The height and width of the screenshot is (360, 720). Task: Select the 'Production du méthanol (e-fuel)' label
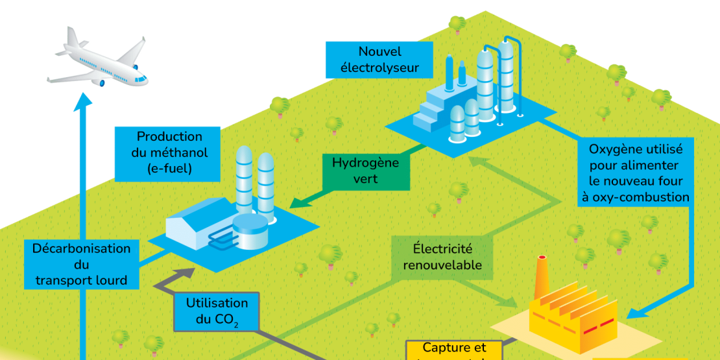(x=169, y=154)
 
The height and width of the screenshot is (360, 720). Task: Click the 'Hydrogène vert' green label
(x=365, y=171)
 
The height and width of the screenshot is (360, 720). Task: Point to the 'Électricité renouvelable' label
(x=442, y=256)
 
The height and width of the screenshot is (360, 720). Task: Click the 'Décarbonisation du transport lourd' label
(x=81, y=264)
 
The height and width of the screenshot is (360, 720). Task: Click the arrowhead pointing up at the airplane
(x=82, y=101)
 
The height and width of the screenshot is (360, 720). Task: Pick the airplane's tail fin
(x=70, y=37)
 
